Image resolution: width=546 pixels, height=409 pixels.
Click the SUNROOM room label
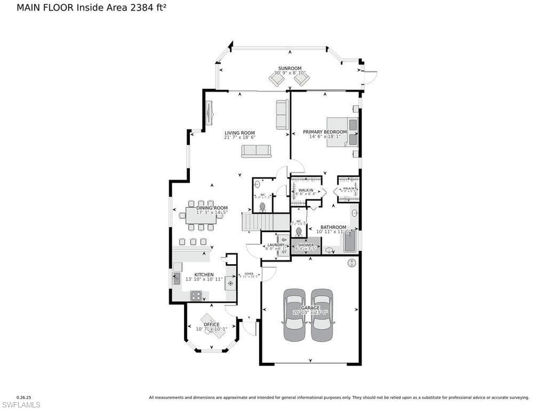[290, 68]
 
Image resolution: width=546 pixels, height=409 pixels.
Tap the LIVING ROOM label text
[239, 133]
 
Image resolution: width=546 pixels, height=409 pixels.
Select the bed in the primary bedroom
[342, 132]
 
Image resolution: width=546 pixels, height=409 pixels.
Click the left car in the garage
[294, 315]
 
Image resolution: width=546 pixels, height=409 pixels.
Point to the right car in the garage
[322, 315]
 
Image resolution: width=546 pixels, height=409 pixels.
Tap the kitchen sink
[176, 278]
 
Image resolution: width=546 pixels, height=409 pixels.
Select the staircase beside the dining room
[258, 222]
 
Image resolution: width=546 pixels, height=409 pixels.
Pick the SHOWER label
[306, 245]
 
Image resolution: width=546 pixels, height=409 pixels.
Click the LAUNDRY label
[276, 245]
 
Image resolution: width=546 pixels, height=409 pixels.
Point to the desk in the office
[212, 326]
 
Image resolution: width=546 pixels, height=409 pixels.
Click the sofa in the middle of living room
[256, 151]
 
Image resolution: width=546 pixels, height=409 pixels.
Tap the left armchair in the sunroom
[277, 79]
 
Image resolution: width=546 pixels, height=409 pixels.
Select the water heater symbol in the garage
[351, 263]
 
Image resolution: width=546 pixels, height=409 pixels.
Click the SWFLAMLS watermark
[21, 405]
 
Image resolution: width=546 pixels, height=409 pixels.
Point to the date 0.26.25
[24, 397]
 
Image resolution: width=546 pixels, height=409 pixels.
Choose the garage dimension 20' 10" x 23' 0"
[310, 313]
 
